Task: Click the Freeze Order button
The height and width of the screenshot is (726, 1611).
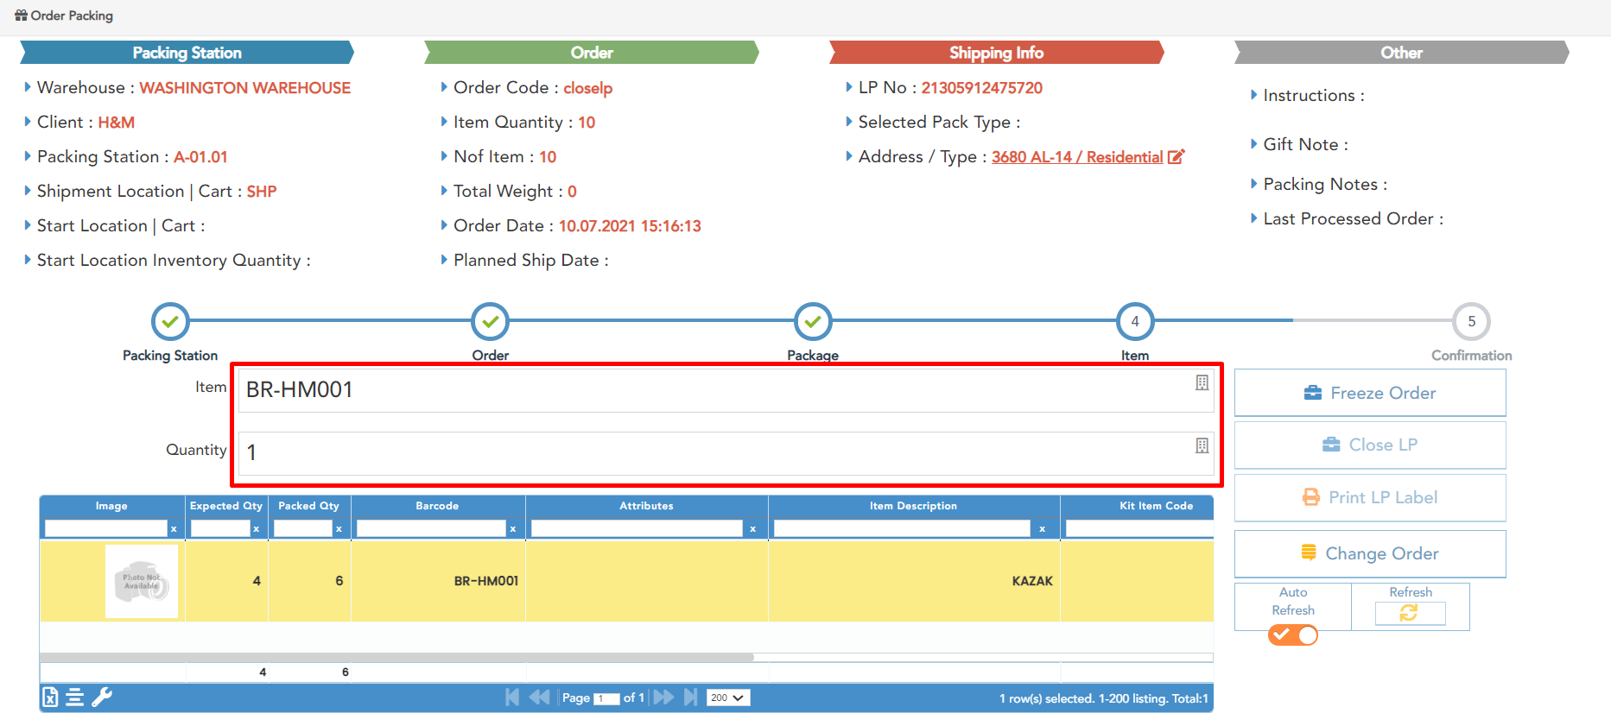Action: click(x=1369, y=393)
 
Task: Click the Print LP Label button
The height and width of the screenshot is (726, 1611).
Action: click(x=1369, y=497)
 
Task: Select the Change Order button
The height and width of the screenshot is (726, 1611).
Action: click(x=1369, y=553)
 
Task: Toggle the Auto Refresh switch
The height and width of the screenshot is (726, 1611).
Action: click(x=1292, y=635)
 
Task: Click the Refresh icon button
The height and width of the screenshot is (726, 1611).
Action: click(x=1409, y=612)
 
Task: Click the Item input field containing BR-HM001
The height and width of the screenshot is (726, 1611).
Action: click(x=717, y=390)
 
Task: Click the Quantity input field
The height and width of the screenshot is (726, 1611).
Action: click(x=717, y=452)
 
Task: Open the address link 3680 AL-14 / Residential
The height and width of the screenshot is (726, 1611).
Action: click(x=1076, y=157)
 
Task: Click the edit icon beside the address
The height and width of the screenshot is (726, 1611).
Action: click(x=1176, y=157)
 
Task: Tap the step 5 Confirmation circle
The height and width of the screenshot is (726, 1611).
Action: click(x=1471, y=321)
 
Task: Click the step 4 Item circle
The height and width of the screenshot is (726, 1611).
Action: click(x=1134, y=321)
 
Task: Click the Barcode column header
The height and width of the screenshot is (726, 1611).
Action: click(x=437, y=506)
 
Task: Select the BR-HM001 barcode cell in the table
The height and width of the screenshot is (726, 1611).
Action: click(x=485, y=581)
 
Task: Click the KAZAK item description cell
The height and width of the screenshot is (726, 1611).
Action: click(x=1031, y=581)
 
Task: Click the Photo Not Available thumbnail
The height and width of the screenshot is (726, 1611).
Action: click(x=142, y=581)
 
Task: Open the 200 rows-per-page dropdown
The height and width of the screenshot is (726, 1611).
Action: click(x=727, y=698)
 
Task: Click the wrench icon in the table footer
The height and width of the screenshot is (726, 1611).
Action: click(x=102, y=697)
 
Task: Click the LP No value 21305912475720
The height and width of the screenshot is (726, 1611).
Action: click(x=981, y=88)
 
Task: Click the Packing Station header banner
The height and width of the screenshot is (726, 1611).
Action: click(x=187, y=53)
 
